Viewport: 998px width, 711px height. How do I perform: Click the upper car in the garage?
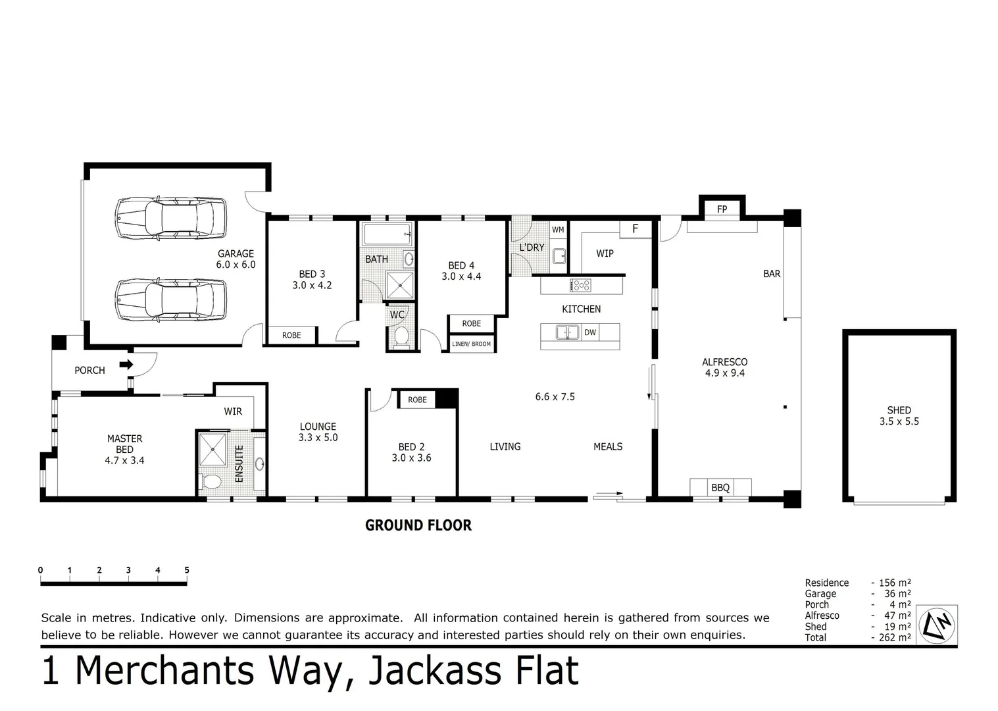171,218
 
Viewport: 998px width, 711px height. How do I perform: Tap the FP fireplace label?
722,209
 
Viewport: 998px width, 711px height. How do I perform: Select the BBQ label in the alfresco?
720,488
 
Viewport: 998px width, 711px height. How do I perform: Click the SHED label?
899,410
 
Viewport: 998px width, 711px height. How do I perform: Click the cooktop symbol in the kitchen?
581,285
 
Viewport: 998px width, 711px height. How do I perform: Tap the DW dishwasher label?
590,332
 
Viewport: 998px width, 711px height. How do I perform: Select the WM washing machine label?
558,230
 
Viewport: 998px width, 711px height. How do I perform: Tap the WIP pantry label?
605,253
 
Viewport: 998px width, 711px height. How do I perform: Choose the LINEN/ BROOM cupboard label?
471,344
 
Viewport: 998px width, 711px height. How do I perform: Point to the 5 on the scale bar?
187,570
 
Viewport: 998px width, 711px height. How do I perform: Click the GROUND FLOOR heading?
418,525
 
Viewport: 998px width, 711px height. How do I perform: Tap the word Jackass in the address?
432,671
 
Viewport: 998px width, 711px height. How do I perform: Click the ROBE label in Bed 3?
291,335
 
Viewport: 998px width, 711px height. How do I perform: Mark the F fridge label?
635,229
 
